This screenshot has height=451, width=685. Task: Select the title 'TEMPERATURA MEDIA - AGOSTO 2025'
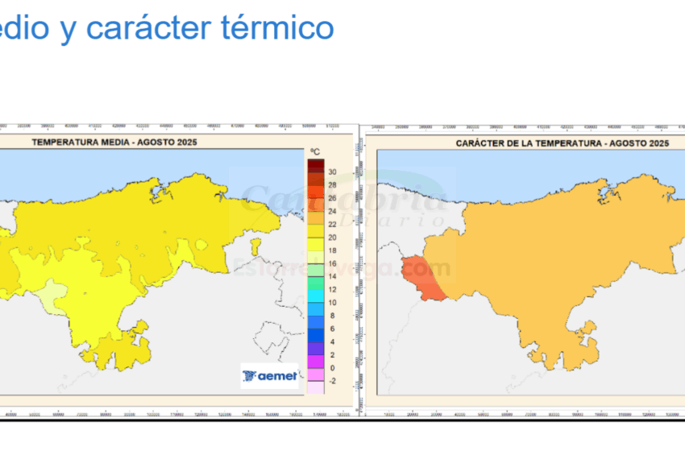(114, 142)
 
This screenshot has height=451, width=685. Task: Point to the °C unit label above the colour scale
(315, 151)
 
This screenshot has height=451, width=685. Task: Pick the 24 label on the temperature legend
(332, 211)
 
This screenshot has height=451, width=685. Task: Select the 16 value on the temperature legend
(332, 263)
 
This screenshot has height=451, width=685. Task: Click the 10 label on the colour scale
(332, 303)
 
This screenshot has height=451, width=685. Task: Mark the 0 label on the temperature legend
(332, 368)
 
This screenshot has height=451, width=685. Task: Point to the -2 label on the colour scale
(332, 381)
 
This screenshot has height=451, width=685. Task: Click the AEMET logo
(269, 375)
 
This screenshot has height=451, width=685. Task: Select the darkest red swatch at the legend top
(315, 165)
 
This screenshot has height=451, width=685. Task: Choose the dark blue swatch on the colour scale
(315, 335)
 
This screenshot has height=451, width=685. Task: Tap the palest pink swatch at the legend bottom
(315, 387)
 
